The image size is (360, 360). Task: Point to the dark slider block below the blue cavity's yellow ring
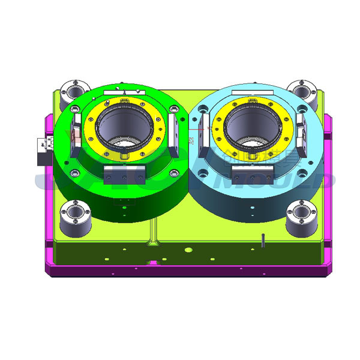click(x=251, y=175)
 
